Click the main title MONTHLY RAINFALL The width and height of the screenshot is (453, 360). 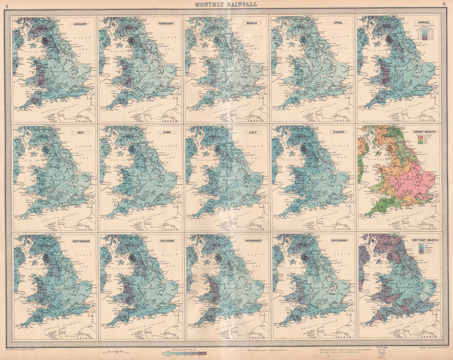point(226,5)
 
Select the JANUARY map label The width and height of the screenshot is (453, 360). point(79,23)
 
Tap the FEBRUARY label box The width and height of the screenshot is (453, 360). point(166,23)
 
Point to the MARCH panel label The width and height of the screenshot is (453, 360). point(252,23)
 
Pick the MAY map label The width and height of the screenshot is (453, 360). point(79,132)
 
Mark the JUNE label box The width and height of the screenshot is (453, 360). point(166,132)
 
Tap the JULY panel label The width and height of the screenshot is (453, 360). point(252,132)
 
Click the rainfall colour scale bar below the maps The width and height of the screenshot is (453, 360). point(184,352)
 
